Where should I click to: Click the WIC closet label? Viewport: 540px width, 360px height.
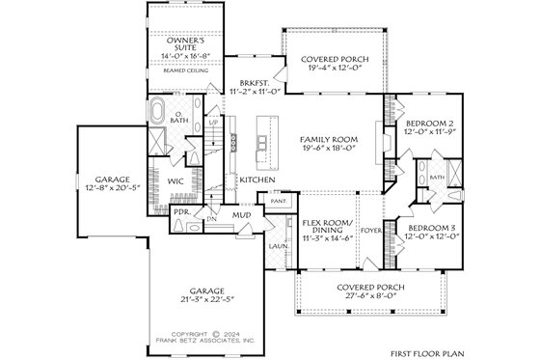coord(176,180)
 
